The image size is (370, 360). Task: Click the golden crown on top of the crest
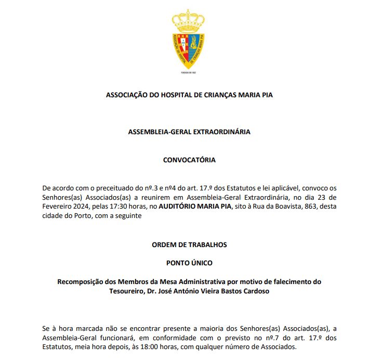[189, 20]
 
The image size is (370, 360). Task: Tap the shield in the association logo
[189, 49]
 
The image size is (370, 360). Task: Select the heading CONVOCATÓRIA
[189, 160]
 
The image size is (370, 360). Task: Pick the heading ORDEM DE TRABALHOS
[189, 245]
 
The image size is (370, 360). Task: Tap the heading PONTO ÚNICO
[189, 263]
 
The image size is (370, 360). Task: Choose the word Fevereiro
[55, 207]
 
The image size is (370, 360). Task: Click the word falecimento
[290, 281]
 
